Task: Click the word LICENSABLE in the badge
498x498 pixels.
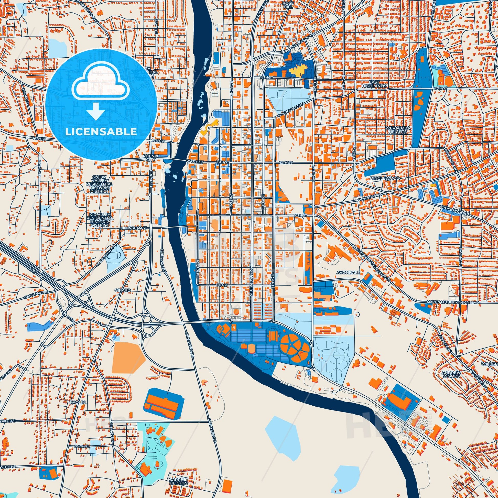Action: tap(101, 132)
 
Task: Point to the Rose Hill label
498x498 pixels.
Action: tap(286, 5)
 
